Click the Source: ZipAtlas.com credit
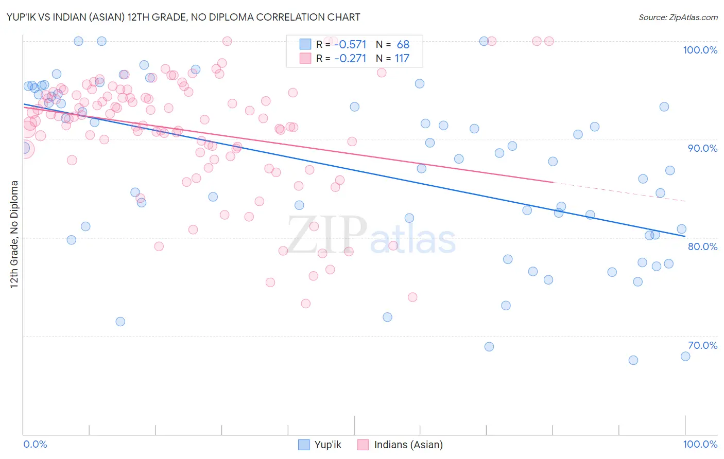coord(678,17)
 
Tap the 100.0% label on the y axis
coord(700,50)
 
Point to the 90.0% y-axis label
coord(702,148)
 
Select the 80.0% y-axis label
coord(702,246)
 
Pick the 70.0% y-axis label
coord(702,345)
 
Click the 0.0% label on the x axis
coord(36,445)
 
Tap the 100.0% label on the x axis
coord(700,445)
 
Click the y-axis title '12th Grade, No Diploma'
coord(14,234)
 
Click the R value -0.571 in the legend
coord(350,45)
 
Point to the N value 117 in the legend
coord(402,59)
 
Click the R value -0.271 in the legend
coord(350,59)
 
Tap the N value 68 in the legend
coord(403,45)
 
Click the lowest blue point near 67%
coord(633,360)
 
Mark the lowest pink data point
coord(305,304)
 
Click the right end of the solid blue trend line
coord(684,236)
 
